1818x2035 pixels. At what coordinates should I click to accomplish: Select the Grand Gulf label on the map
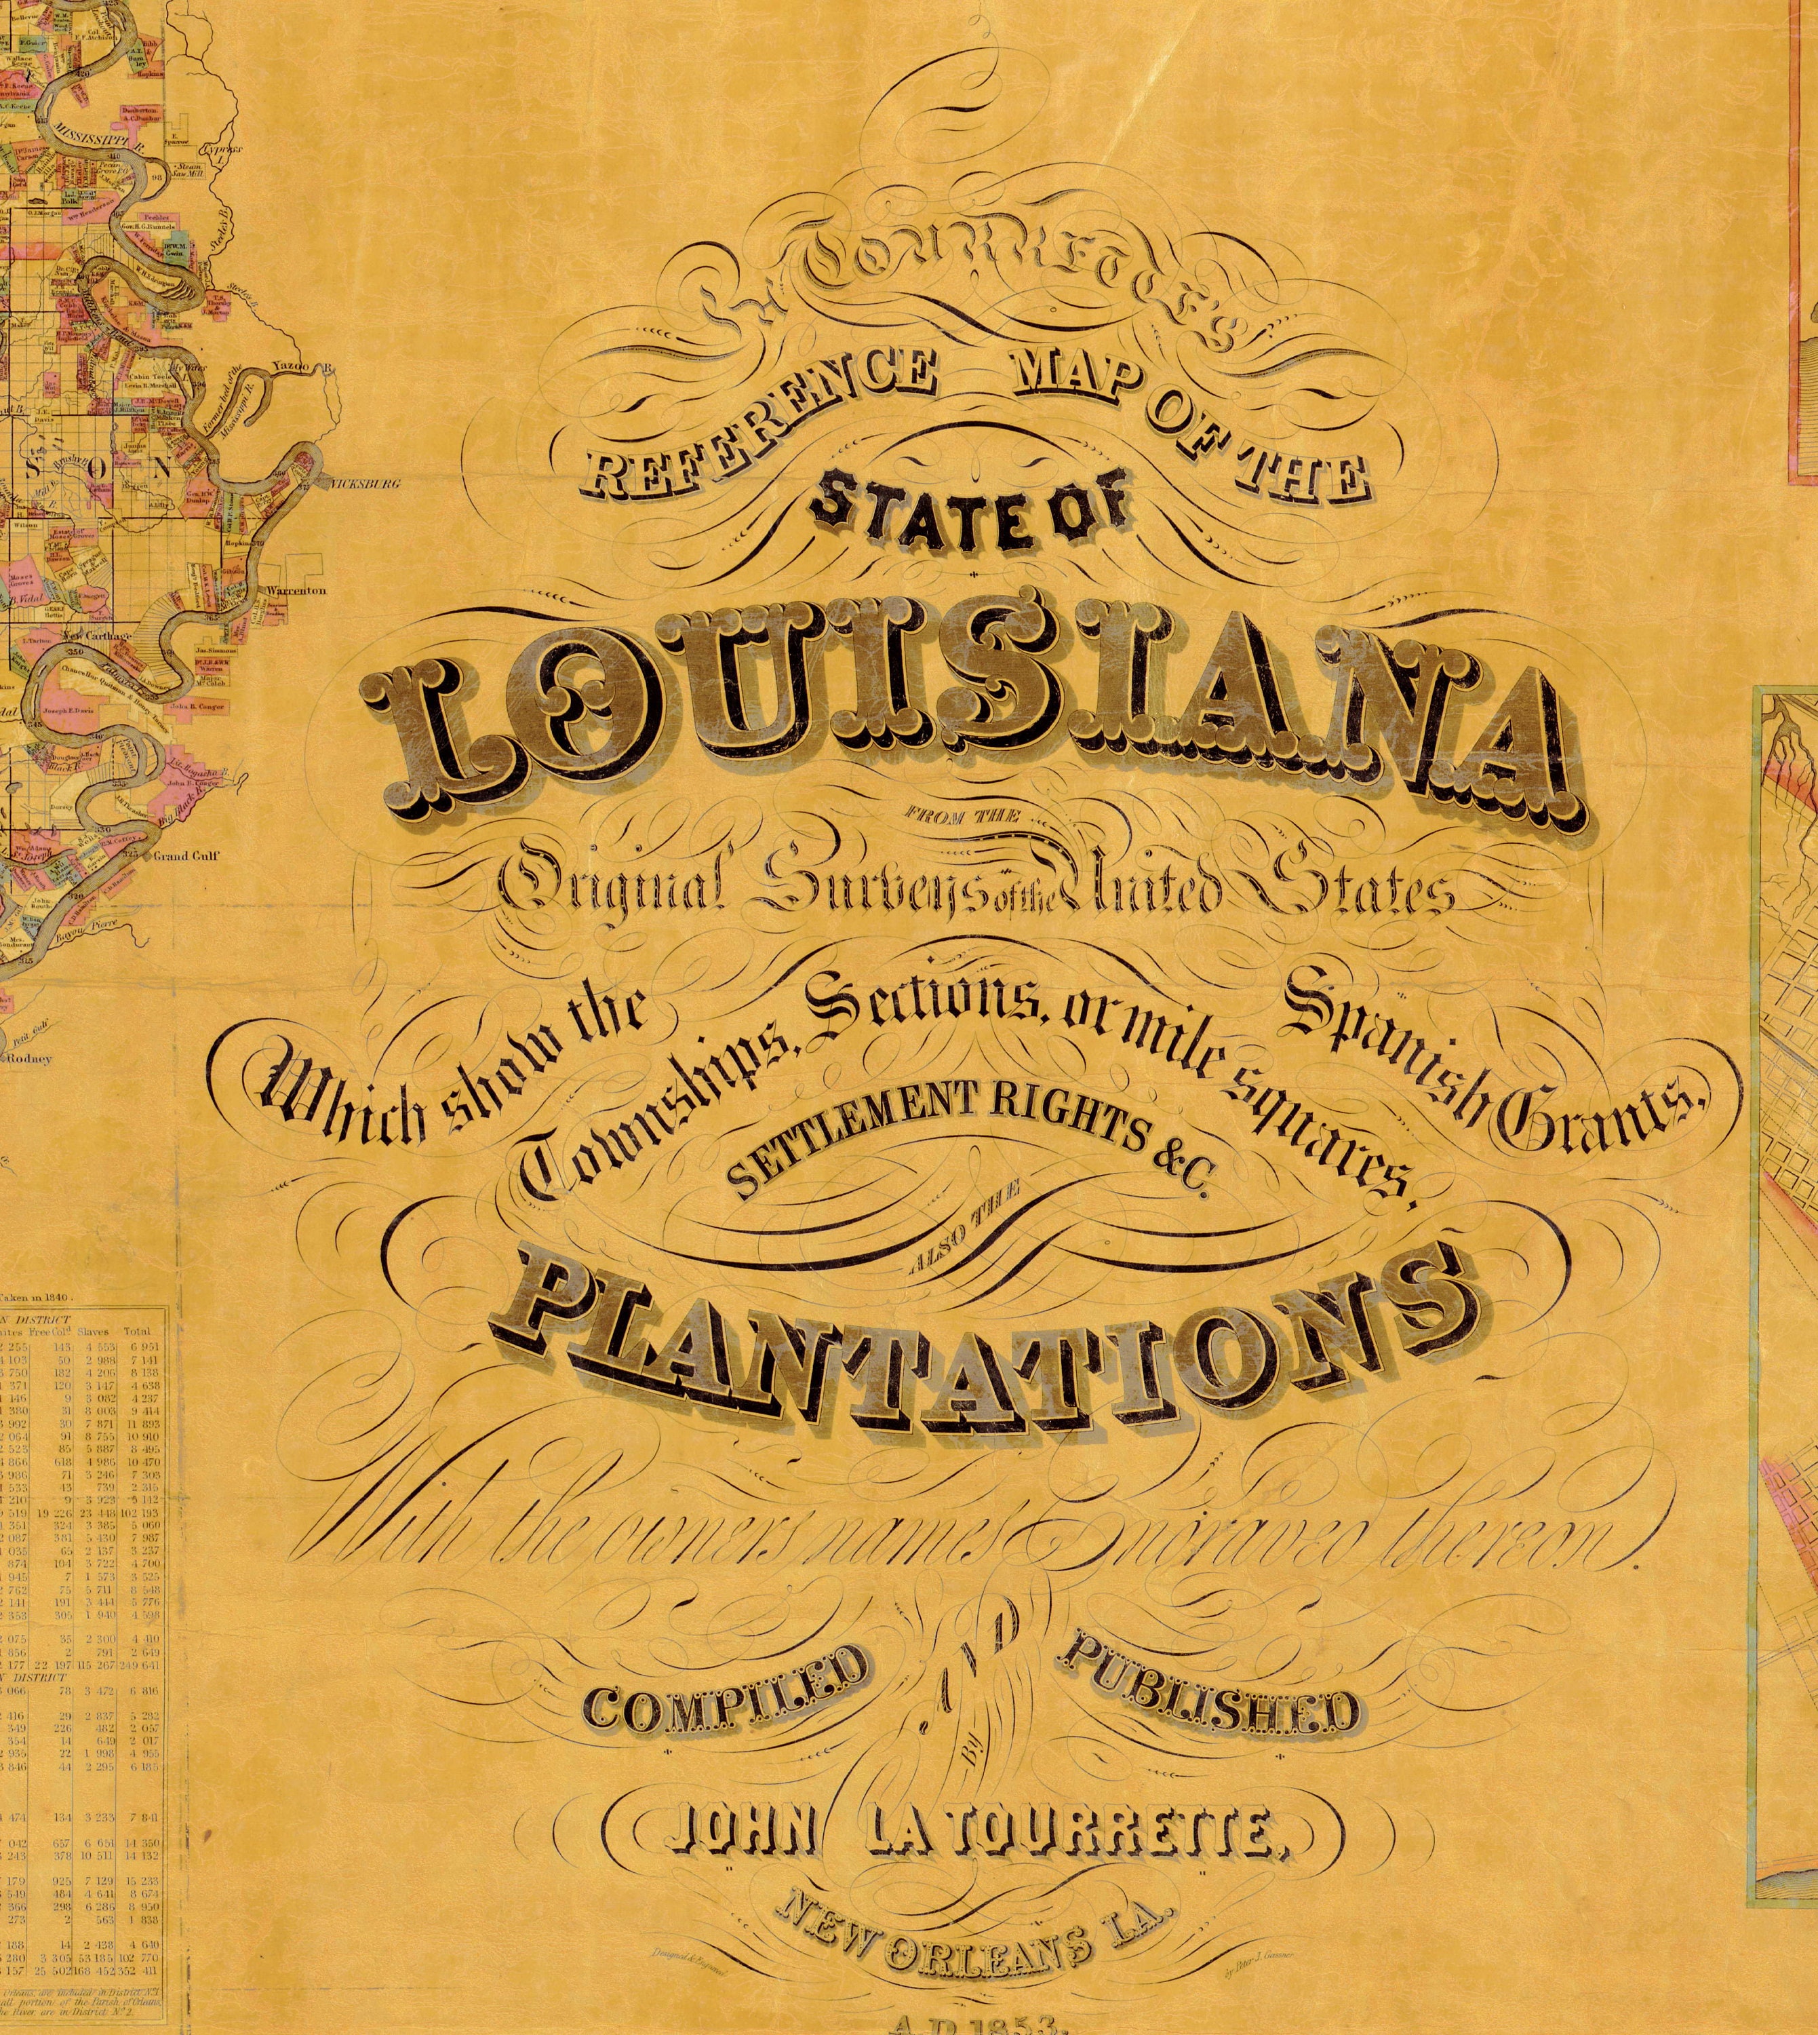click(186, 855)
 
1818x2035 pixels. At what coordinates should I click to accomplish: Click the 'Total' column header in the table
click(137, 1332)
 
